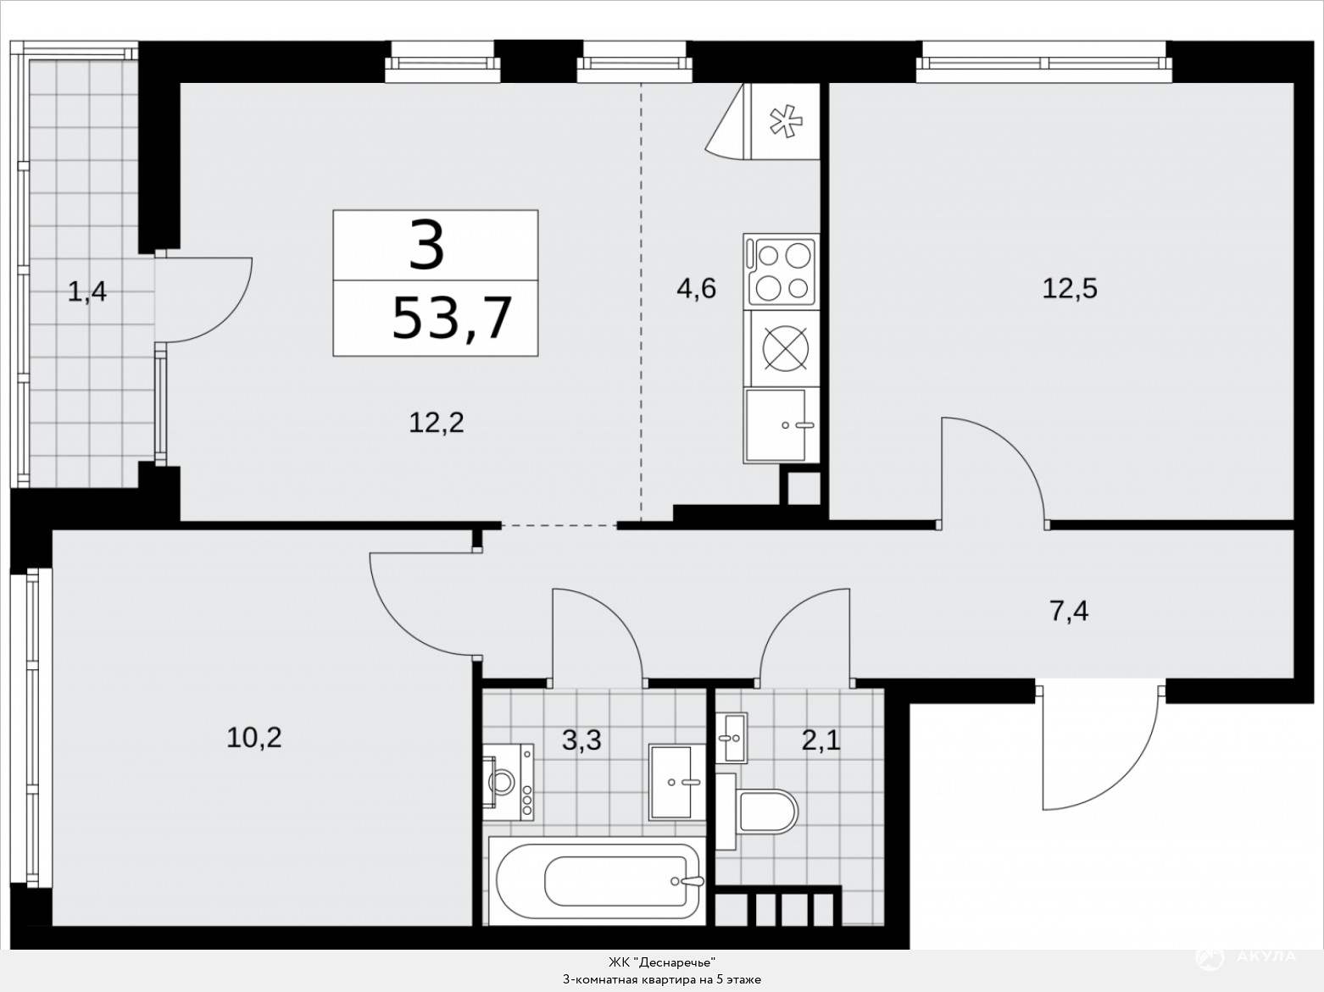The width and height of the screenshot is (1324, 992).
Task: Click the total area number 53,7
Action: coord(452,318)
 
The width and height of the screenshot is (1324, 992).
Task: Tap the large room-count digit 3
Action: coord(426,245)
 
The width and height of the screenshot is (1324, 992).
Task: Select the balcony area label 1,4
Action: coord(86,291)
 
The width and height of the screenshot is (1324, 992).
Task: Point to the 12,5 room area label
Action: coord(1070,289)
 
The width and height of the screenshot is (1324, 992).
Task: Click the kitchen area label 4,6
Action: coord(696,289)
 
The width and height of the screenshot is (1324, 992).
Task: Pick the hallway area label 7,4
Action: coord(1069,611)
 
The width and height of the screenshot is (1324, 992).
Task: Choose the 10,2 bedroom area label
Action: coord(254,738)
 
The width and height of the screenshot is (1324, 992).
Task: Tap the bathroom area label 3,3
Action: coord(581,740)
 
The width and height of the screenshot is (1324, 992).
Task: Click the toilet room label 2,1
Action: coord(821,740)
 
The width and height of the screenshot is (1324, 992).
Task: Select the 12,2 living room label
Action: coord(436,423)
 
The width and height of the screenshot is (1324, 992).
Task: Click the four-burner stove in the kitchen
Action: coord(782,271)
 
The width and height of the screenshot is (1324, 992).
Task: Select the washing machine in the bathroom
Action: coord(508,782)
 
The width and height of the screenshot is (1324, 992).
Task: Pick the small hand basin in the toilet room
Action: coord(732,738)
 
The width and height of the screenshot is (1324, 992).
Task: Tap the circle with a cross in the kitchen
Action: coord(785,349)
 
